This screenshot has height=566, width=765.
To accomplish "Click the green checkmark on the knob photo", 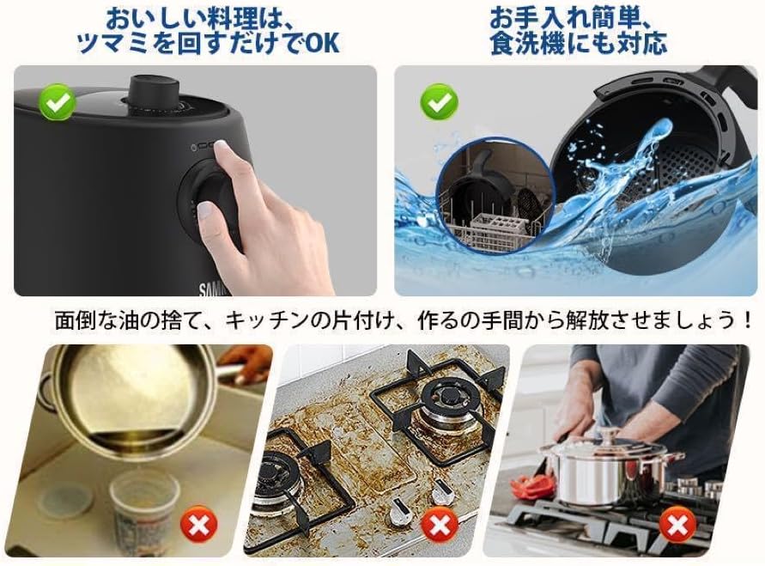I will (x=58, y=106).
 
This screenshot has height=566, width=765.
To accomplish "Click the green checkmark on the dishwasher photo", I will (x=439, y=106).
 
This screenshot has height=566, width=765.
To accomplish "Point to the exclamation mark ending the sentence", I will (x=749, y=321).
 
